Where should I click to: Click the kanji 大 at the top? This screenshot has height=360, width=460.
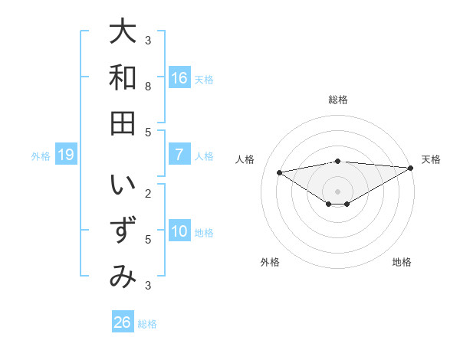coord(123,32)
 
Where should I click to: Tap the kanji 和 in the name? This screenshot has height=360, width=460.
coord(123,77)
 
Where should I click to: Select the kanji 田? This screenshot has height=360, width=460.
coord(123,123)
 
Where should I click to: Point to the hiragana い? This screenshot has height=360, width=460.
coord(123,187)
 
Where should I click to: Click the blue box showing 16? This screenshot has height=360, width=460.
coord(179,78)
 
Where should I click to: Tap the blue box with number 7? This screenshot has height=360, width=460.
coord(179,155)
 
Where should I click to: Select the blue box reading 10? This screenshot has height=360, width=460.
coord(179,231)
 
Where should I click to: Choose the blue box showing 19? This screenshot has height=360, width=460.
coord(66,155)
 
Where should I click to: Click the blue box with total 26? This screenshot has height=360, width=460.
coord(123,322)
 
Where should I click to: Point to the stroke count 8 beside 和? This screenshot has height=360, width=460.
coord(148,86)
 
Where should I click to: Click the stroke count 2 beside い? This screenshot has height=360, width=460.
coord(148,194)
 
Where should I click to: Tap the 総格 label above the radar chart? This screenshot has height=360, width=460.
coord(338,100)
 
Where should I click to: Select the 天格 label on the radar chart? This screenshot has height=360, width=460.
coord(431,159)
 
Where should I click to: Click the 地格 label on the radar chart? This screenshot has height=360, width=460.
coord(402,262)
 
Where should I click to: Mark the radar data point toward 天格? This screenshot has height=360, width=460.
coord(411,168)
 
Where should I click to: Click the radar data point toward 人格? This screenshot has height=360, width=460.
coord(279,172)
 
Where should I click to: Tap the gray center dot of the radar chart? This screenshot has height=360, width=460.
coord(338,191)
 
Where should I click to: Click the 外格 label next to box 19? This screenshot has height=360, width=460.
coord(41,156)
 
